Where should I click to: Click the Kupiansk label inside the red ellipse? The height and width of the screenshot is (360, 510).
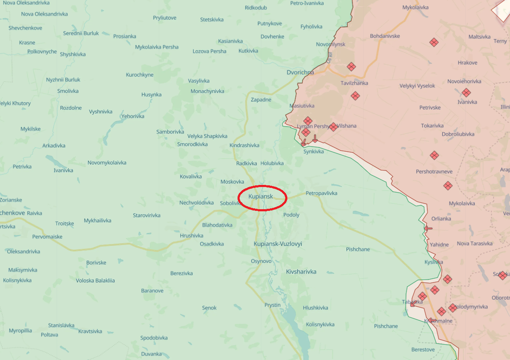pyautogui.click(x=261, y=196)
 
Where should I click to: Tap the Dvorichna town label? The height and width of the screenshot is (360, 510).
pyautogui.click(x=300, y=72)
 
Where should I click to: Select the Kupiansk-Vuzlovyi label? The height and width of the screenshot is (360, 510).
pyautogui.click(x=278, y=244)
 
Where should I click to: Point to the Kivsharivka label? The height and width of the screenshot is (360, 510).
pyautogui.click(x=301, y=271)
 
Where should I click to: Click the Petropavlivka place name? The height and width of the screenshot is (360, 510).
pyautogui.click(x=321, y=193)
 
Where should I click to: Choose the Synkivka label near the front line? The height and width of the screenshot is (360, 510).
pyautogui.click(x=313, y=151)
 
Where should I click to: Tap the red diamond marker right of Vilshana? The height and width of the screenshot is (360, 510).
pyautogui.click(x=333, y=127)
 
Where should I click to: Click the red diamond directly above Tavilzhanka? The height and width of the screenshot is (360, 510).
pyautogui.click(x=351, y=67)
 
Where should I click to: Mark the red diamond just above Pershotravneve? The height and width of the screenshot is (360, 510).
pyautogui.click(x=434, y=155)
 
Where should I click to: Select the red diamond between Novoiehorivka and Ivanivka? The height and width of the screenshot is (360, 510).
pyautogui.click(x=466, y=92)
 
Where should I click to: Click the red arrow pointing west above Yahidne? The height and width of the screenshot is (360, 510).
pyautogui.click(x=428, y=228)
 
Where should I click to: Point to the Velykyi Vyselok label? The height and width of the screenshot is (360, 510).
pyautogui.click(x=417, y=86)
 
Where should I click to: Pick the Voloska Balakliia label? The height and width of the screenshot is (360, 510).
pyautogui.click(x=95, y=280)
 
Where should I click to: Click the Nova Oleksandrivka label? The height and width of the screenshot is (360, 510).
pyautogui.click(x=44, y=14)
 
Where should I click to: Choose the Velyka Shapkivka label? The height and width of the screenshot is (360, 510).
pyautogui.click(x=207, y=136)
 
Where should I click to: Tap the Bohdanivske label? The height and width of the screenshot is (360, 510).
pyautogui.click(x=385, y=36)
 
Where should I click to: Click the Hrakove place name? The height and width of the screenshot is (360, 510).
pyautogui.click(x=467, y=63)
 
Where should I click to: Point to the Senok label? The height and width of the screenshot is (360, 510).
pyautogui.click(x=209, y=308)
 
